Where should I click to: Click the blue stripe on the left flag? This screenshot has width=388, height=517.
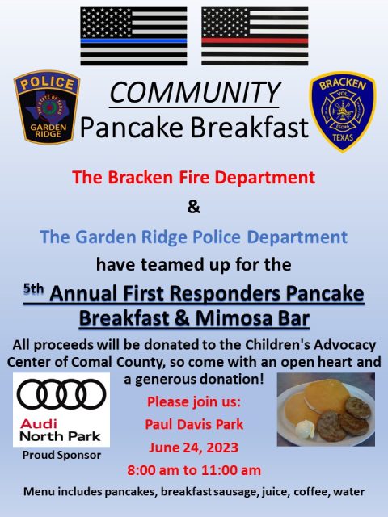point(133,41)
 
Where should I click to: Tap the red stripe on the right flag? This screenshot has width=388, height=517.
point(255,41)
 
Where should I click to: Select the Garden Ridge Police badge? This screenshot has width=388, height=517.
point(47,107)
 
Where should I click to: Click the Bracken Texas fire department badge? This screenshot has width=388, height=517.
point(343,111)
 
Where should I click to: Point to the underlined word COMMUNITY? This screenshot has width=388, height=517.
point(195,93)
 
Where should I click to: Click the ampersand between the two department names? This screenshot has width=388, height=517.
point(194,208)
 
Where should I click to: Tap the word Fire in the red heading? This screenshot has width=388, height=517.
point(194,177)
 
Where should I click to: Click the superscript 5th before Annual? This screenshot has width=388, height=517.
point(33,289)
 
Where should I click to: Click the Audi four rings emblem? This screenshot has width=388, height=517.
point(61,394)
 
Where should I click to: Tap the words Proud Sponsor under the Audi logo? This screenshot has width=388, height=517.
point(61,456)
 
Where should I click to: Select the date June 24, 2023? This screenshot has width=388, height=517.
point(194,448)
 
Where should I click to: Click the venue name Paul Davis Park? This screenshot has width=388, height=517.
point(194,424)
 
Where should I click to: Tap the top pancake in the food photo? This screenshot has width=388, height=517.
point(327,396)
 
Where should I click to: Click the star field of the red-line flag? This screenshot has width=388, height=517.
point(226,23)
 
